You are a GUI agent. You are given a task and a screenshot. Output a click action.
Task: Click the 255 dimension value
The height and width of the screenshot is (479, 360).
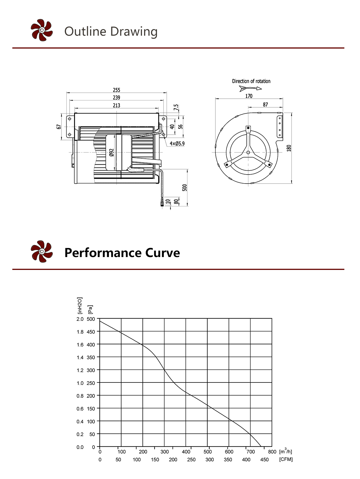(x=116, y=90)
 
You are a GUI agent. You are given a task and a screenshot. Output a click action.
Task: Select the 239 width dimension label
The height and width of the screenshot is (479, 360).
(x=116, y=97)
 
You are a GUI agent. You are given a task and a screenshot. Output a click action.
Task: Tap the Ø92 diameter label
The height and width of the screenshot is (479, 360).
(x=112, y=153)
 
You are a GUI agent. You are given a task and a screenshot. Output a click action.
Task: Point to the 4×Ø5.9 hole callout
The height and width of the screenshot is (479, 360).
(x=177, y=144)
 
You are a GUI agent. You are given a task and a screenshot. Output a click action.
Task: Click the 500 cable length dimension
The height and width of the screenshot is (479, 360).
(x=184, y=188)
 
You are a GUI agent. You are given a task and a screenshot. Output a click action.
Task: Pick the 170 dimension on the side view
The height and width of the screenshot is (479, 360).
(x=249, y=96)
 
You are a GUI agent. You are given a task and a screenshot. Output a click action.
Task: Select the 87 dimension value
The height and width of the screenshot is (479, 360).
(x=265, y=105)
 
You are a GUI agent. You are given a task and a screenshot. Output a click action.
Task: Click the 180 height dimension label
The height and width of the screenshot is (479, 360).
(x=289, y=148)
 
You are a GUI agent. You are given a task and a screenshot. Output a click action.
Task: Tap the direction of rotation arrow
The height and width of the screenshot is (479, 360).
(x=250, y=88)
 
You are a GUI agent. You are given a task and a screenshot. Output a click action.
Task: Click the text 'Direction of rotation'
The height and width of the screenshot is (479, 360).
(x=251, y=81)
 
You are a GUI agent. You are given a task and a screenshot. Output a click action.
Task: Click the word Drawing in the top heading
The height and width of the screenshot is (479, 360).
(x=134, y=31)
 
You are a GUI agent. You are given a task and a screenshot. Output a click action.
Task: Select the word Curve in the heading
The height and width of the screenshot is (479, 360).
(x=163, y=253)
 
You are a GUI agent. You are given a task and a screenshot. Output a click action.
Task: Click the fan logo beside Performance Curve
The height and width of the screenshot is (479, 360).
(x=42, y=251)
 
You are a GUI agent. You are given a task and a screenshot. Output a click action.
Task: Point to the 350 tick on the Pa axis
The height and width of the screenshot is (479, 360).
(x=91, y=357)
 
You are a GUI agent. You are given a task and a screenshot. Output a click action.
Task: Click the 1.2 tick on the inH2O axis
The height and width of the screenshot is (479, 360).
(x=80, y=370)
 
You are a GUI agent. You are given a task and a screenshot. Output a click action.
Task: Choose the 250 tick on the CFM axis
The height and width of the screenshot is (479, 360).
(x=191, y=460)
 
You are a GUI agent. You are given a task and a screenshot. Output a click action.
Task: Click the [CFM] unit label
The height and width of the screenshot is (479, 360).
(x=286, y=459)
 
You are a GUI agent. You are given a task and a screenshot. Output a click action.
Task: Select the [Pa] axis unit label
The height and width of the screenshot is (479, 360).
(x=90, y=309)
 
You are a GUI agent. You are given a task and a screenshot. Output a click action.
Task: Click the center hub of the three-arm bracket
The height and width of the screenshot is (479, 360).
(x=248, y=153)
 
